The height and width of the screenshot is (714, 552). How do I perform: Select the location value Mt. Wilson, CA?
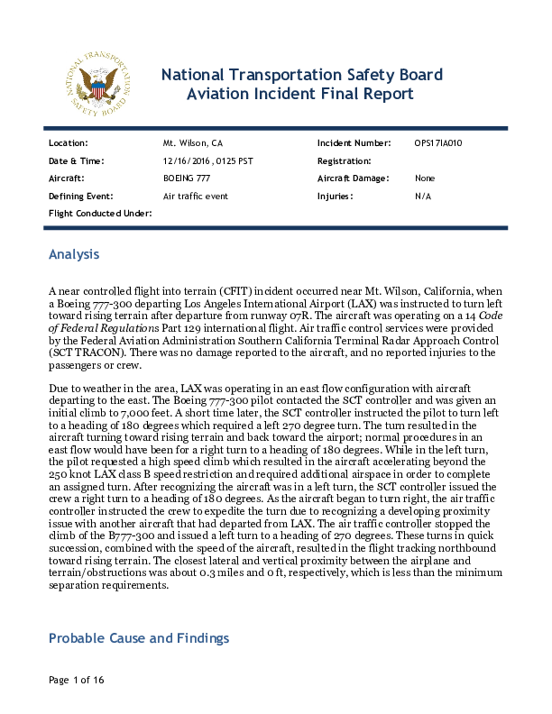[192, 143]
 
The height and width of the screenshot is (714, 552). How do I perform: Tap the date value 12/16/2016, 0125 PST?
[201, 160]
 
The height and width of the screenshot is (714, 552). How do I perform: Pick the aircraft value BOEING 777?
[187, 178]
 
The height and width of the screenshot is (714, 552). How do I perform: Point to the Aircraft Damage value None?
[425, 178]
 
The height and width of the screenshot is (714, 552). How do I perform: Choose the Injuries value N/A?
[423, 196]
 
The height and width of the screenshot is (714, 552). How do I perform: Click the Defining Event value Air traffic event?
[196, 196]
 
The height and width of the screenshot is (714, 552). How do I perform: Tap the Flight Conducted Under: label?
[100, 213]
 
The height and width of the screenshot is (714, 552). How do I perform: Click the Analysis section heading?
[74, 254]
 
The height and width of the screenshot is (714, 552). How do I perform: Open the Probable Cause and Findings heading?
[139, 638]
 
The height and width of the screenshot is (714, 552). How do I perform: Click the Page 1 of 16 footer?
[77, 679]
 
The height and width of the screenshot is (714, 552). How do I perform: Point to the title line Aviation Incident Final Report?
[299, 94]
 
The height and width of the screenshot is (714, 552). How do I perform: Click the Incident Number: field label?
[354, 143]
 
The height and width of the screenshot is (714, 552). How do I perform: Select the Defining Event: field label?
[80, 196]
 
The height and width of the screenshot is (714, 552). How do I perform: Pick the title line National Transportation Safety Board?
[301, 74]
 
